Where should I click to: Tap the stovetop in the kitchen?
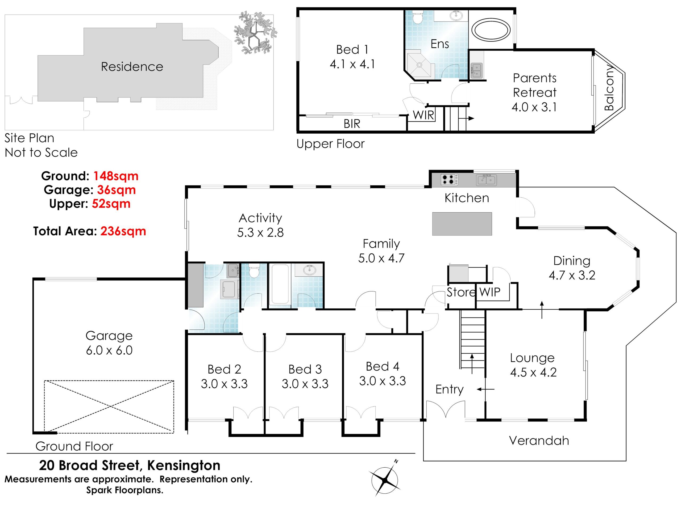click(x=450, y=180)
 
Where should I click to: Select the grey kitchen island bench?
click(x=462, y=224)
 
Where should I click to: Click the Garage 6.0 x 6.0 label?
click(x=109, y=343)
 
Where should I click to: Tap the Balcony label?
click(x=609, y=88)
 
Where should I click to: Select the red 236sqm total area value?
click(x=123, y=231)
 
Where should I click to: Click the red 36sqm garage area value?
click(x=116, y=190)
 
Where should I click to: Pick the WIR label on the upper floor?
click(x=423, y=115)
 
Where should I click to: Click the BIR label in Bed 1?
click(x=352, y=124)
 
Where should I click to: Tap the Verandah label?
click(x=539, y=441)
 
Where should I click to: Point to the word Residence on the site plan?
click(x=132, y=67)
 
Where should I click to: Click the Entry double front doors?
click(x=446, y=408)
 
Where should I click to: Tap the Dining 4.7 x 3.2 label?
click(x=572, y=268)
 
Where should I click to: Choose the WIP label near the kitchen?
click(x=490, y=292)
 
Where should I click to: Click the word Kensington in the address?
click(x=184, y=466)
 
